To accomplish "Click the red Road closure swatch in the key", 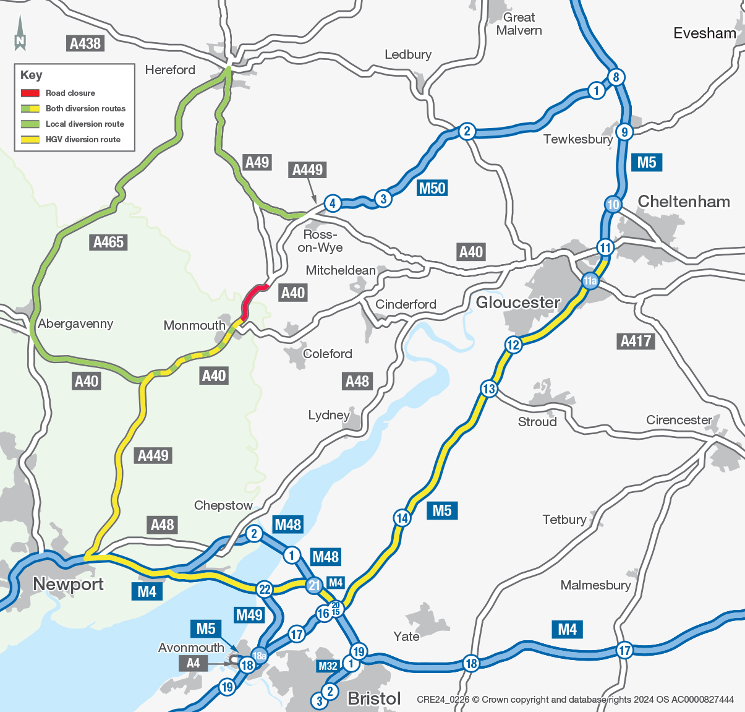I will point(30,93).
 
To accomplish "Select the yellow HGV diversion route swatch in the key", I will point(30,139).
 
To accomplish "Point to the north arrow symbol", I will point(20,34).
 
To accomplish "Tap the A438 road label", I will point(85,43).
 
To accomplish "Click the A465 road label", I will point(109,242).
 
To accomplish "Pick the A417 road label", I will point(636,341).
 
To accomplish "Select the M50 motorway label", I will point(432,188).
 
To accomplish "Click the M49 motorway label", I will point(249,615).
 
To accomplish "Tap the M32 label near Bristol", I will point(328,666).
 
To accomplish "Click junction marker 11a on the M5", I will point(590,281).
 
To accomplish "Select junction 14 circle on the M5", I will point(402,518).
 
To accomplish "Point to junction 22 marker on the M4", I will point(265,589).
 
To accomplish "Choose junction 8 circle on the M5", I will point(616,77).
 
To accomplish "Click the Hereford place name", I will point(170,70).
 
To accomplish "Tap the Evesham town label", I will point(704,33).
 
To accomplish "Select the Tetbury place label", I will point(564,520).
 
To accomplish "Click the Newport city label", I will point(68,584).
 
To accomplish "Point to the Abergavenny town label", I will point(75,324).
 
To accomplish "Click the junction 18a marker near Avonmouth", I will point(259,656).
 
